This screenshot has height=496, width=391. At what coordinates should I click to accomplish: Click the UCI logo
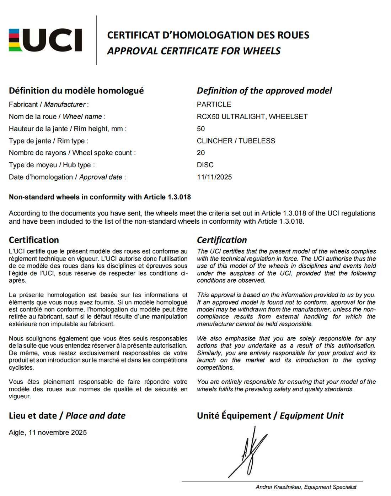(45, 40)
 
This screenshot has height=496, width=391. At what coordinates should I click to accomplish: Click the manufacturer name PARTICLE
(214, 104)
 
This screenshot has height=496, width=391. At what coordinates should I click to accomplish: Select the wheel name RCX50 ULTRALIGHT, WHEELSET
(252, 116)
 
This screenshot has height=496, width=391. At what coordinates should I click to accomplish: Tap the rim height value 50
(201, 129)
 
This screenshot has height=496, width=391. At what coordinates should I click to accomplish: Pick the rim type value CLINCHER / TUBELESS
(236, 141)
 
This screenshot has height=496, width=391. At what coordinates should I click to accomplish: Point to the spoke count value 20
(201, 153)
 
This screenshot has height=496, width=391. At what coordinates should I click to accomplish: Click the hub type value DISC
(205, 165)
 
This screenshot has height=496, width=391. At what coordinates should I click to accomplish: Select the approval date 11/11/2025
(214, 177)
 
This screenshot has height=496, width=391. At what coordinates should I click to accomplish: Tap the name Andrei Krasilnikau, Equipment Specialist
(306, 487)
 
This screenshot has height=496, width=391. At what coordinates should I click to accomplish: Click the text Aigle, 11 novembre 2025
(48, 432)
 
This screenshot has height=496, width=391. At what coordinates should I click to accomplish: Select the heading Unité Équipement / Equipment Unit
(270, 415)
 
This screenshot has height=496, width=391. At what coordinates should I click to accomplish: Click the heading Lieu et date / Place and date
(67, 415)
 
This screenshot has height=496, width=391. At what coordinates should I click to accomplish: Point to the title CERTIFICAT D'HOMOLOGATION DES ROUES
(208, 35)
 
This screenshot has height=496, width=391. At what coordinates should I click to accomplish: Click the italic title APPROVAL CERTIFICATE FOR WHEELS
(194, 51)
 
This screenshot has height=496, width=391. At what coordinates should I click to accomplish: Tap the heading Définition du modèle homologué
(76, 91)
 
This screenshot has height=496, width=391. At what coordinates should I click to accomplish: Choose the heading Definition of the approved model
(264, 91)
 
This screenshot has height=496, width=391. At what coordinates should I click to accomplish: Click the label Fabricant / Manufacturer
(49, 104)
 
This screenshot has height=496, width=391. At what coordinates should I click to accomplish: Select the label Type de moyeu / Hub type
(52, 165)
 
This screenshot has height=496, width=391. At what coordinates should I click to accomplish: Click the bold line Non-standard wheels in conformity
(100, 197)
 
